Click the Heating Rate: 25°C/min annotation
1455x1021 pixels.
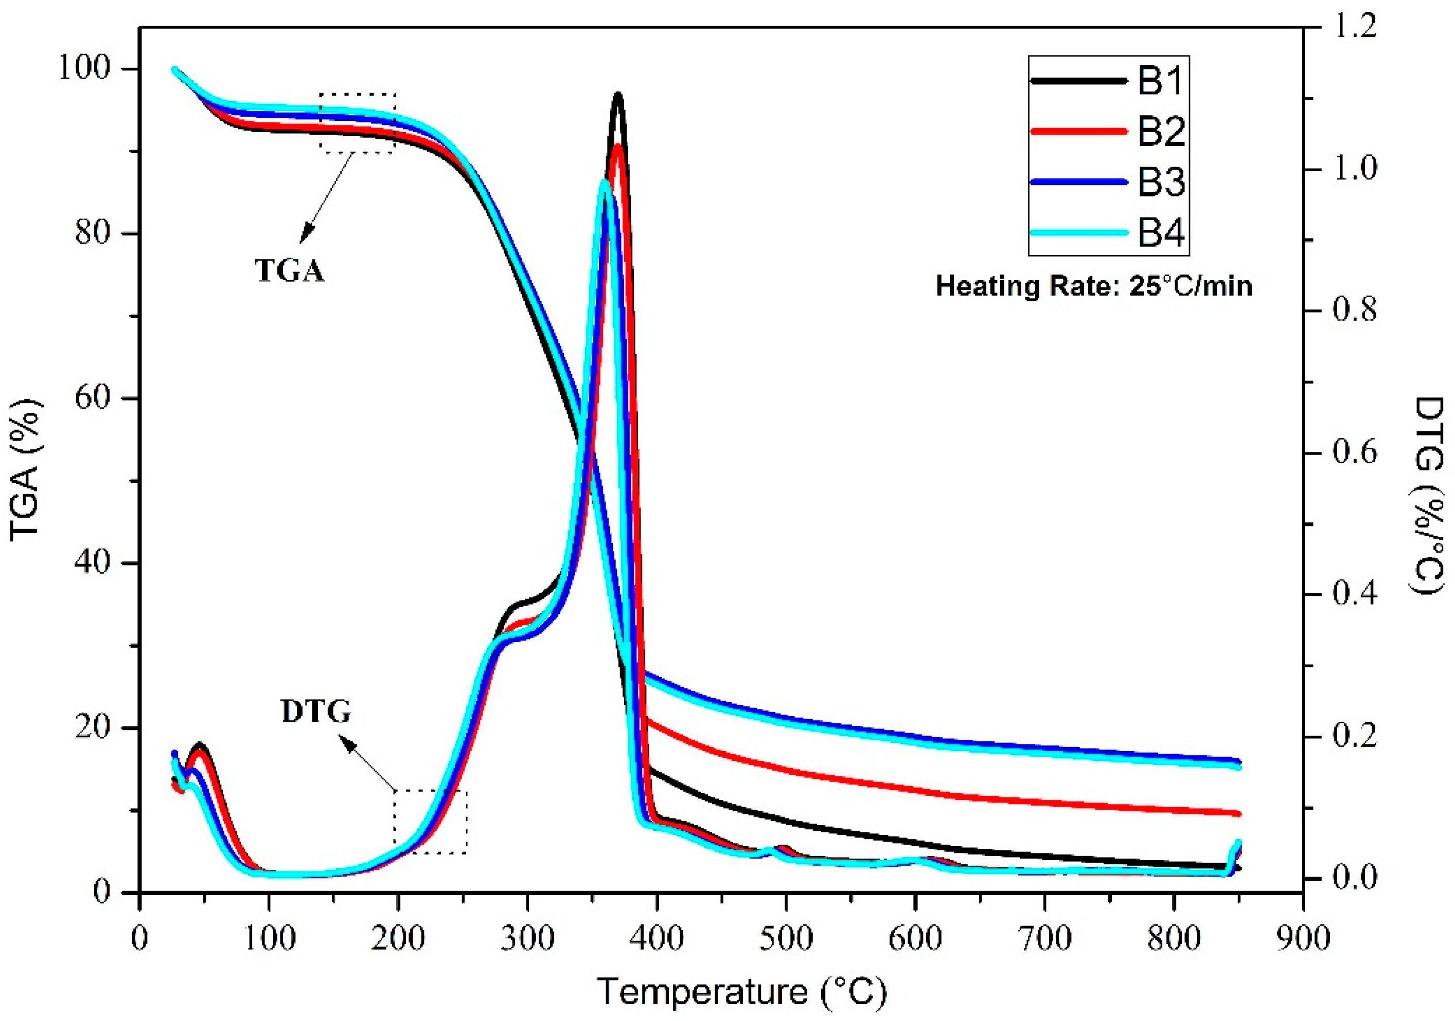[x=1094, y=286]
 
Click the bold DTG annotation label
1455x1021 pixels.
[x=315, y=713]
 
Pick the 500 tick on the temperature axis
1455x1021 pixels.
[x=786, y=938]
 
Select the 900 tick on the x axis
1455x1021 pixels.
[x=1303, y=938]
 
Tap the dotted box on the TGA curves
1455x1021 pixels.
[x=358, y=123]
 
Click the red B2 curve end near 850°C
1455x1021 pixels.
[x=1236, y=813]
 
